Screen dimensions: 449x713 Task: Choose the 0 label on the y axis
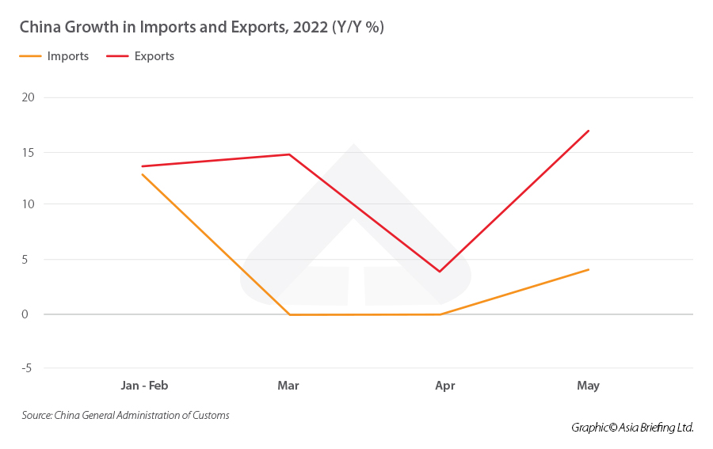(x=26, y=314)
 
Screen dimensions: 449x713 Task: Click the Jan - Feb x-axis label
(x=144, y=386)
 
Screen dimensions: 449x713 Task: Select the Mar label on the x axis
(x=288, y=386)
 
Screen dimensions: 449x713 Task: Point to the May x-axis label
(x=589, y=386)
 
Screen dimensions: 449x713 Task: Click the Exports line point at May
(x=589, y=131)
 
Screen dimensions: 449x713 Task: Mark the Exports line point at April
(x=440, y=272)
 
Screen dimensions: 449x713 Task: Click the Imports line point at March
(x=290, y=314)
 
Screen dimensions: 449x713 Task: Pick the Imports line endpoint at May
(x=589, y=270)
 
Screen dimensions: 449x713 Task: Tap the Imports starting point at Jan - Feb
(x=142, y=174)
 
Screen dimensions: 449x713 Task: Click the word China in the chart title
(x=37, y=27)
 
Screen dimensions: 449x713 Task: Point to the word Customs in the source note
(x=211, y=415)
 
